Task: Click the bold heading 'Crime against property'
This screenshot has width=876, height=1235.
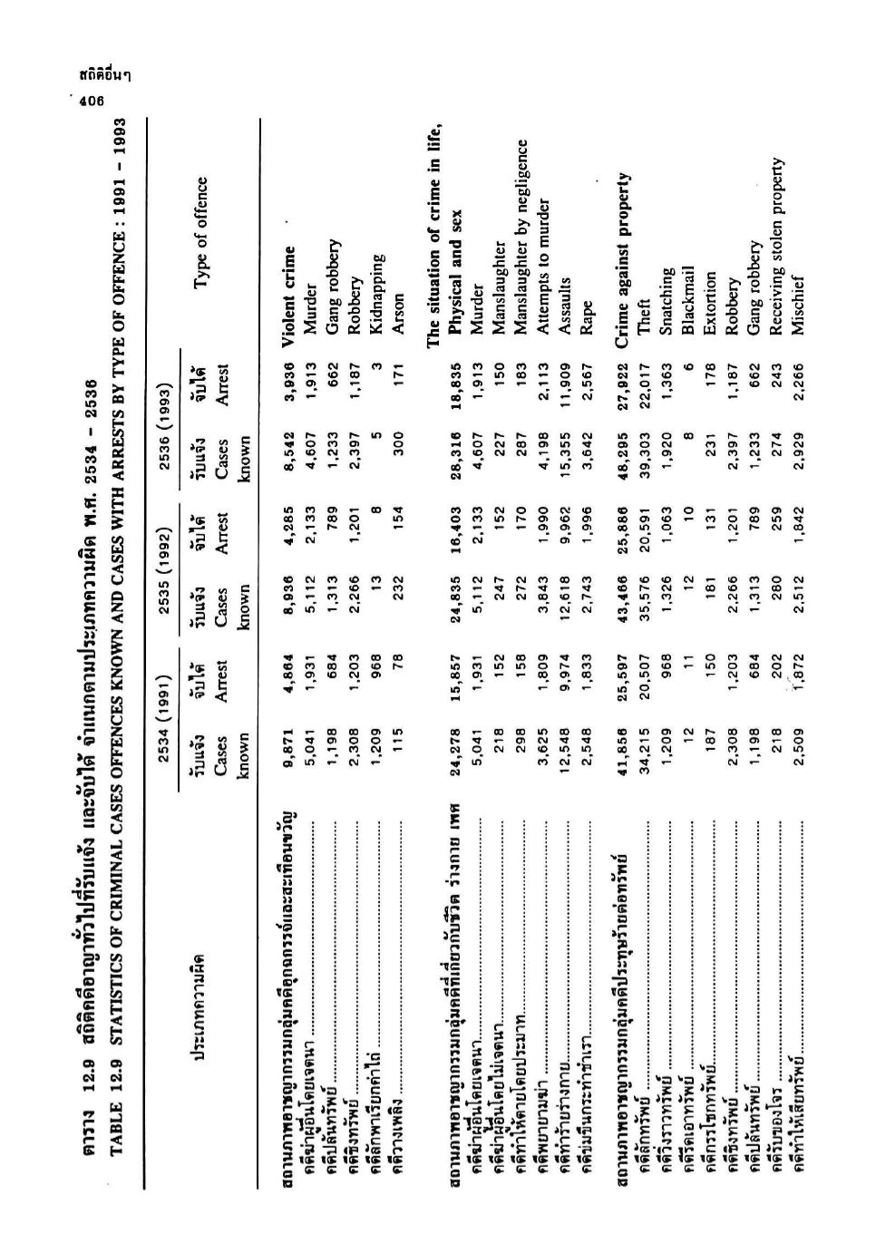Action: click(x=624, y=242)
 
